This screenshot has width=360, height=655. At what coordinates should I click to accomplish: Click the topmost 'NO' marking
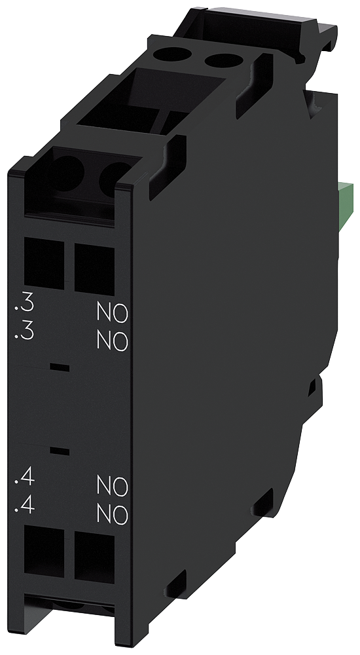(x=112, y=312)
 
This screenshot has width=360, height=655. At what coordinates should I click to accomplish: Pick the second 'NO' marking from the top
(x=112, y=341)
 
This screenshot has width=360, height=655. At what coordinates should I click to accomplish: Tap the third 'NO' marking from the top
(x=112, y=485)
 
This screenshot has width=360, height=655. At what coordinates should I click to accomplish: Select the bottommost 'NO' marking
(x=112, y=514)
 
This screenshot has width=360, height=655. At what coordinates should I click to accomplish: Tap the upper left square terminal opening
(x=45, y=264)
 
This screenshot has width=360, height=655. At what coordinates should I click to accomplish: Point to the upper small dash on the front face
(x=59, y=368)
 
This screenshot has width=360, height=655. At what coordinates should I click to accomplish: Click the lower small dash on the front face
(x=59, y=451)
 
